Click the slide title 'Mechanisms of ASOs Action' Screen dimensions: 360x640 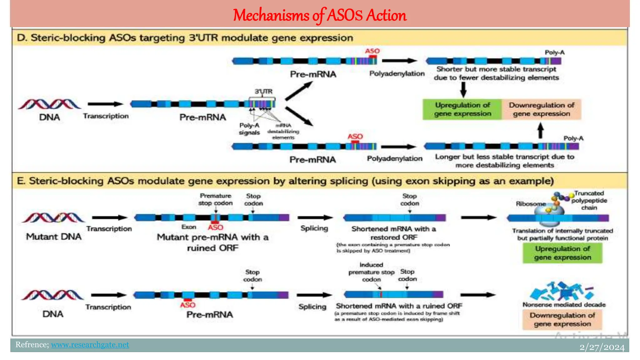pyautogui.click(x=319, y=15)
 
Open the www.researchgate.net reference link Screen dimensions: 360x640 pyautogui.click(x=90, y=344)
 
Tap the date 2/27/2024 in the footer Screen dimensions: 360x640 pyautogui.click(x=602, y=347)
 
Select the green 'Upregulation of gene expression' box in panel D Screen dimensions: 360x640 pyautogui.click(x=462, y=109)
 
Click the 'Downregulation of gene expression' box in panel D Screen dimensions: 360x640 pyautogui.click(x=541, y=109)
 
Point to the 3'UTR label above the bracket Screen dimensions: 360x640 pyautogui.click(x=263, y=92)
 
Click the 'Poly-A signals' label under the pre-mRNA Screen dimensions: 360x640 pyautogui.click(x=249, y=129)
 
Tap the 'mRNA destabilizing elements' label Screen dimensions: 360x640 pyautogui.click(x=283, y=132)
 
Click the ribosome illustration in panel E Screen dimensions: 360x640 pyautogui.click(x=549, y=216)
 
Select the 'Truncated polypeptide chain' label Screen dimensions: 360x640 pyautogui.click(x=589, y=200)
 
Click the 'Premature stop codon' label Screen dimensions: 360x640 pyautogui.click(x=215, y=199)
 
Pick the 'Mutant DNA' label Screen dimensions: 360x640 pyautogui.click(x=54, y=237)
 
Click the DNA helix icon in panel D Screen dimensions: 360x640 pyautogui.click(x=49, y=104)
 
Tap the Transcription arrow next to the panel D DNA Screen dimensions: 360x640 pyautogui.click(x=105, y=104)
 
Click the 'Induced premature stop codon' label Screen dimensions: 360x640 pyautogui.click(x=371, y=272)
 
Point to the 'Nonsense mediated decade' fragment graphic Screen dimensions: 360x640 pyautogui.click(x=562, y=291)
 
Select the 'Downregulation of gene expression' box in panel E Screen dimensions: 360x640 pyautogui.click(x=562, y=319)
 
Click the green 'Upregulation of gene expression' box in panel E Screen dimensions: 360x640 pyautogui.click(x=562, y=253)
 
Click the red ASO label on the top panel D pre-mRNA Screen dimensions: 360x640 pyautogui.click(x=372, y=51)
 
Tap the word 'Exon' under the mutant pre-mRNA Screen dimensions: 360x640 pyautogui.click(x=189, y=227)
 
